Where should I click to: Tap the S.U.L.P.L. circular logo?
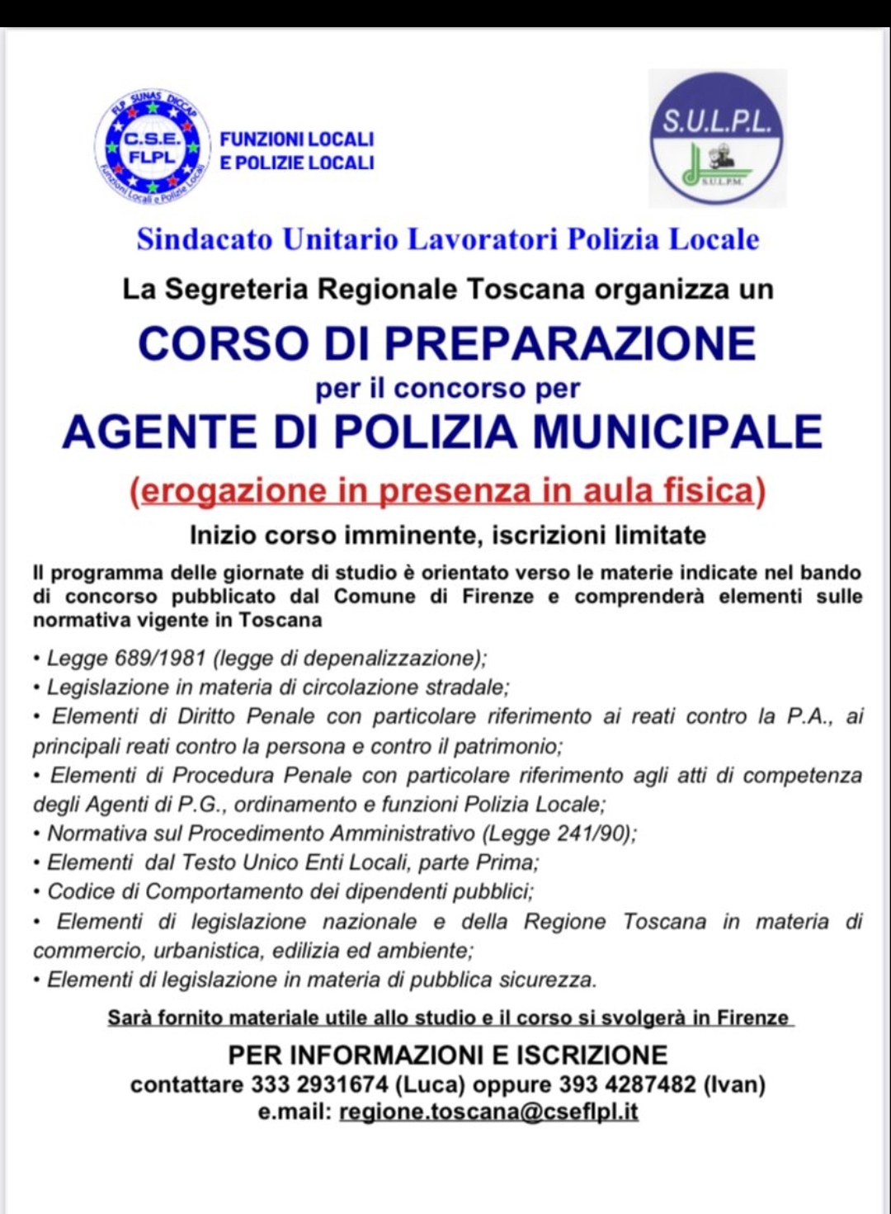click(x=716, y=138)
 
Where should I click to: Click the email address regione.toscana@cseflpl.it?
click(x=488, y=1112)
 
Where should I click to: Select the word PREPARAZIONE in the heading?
click(x=570, y=343)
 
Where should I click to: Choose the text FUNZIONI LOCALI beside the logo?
click(x=297, y=139)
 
